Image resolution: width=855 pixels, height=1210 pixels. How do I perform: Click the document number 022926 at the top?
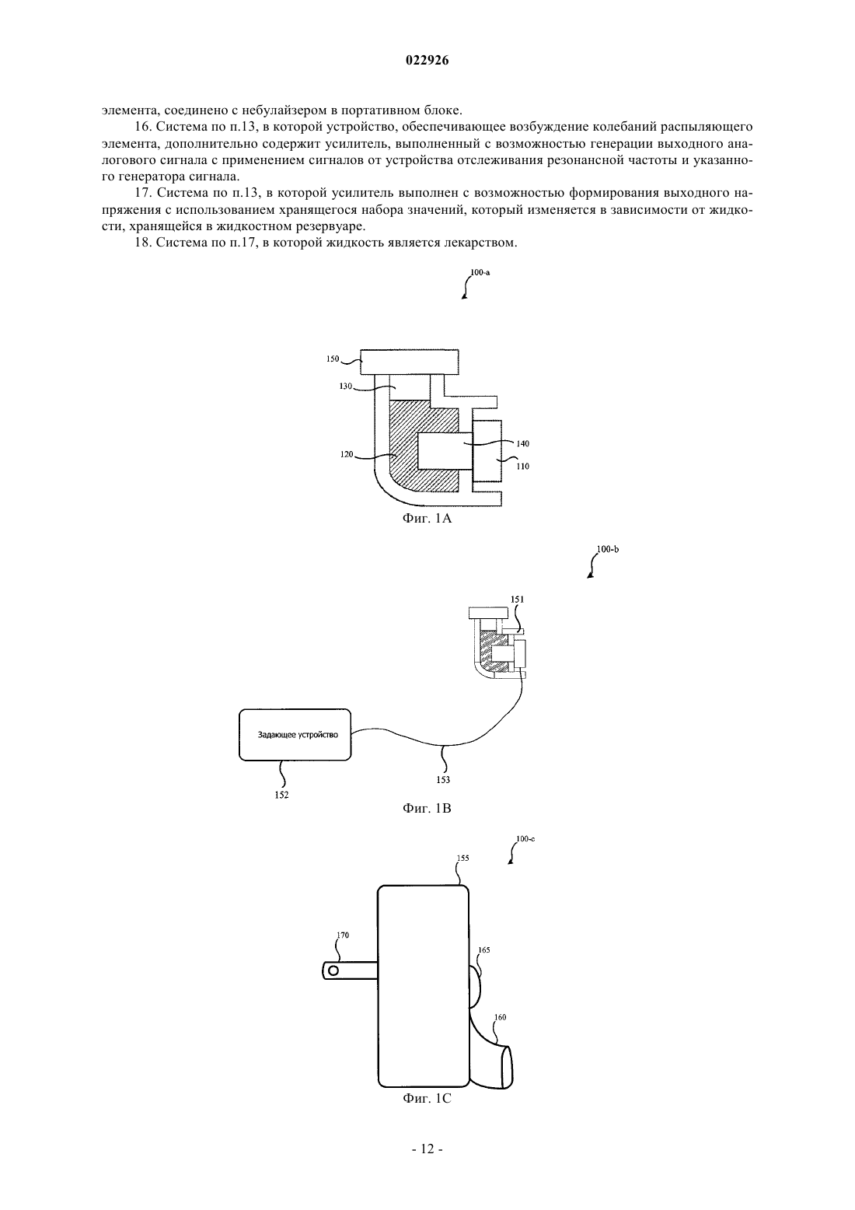pyautogui.click(x=427, y=61)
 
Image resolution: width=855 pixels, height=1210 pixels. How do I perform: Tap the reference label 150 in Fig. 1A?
pyautogui.click(x=333, y=358)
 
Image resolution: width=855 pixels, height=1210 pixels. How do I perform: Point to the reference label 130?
pyautogui.click(x=345, y=386)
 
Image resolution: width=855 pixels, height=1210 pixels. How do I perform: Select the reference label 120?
pyautogui.click(x=347, y=454)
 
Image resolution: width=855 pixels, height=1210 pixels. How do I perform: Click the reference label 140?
pyautogui.click(x=522, y=443)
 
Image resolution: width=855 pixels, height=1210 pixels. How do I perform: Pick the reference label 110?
pyautogui.click(x=522, y=466)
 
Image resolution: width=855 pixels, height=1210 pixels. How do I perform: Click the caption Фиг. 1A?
pyautogui.click(x=427, y=519)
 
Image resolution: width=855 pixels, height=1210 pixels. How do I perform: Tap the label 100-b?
pyautogui.click(x=608, y=549)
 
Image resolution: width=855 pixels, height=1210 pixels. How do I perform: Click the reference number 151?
pyautogui.click(x=517, y=599)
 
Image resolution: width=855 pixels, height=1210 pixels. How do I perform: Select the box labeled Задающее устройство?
pyautogui.click(x=295, y=735)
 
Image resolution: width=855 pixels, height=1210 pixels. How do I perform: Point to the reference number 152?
pyautogui.click(x=281, y=795)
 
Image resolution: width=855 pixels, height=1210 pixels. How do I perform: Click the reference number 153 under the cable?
pyautogui.click(x=442, y=779)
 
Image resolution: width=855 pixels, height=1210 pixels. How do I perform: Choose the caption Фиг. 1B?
pyautogui.click(x=427, y=808)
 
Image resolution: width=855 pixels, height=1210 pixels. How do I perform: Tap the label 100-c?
pyautogui.click(x=525, y=839)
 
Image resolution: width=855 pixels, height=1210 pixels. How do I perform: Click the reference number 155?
pyautogui.click(x=462, y=858)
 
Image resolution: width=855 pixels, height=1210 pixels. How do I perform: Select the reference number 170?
pyautogui.click(x=343, y=935)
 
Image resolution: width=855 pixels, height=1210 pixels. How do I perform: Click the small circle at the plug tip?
pyautogui.click(x=333, y=970)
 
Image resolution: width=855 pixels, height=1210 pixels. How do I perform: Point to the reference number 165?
pyautogui.click(x=484, y=949)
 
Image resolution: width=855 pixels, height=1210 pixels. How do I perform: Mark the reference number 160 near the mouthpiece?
pyautogui.click(x=501, y=1017)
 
